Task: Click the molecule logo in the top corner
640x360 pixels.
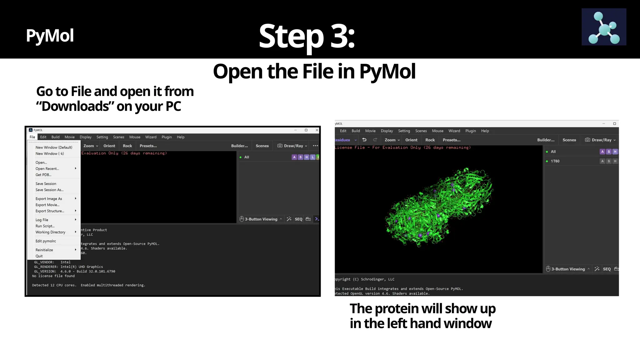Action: coord(603,27)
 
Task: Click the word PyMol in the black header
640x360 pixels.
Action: coord(50,35)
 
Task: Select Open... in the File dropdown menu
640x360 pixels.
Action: coord(41,162)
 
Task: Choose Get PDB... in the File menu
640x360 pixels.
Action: coord(43,175)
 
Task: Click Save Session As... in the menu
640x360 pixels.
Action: coord(49,190)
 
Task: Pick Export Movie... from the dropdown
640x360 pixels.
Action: coord(47,205)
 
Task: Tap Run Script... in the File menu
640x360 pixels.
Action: coord(45,226)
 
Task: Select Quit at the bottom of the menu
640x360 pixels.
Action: coord(39,256)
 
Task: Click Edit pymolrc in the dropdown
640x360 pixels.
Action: coord(46,241)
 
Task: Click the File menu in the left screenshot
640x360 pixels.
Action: coord(32,137)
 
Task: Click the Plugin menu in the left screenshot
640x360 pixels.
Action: coord(167,137)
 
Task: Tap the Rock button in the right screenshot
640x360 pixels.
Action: coord(430,140)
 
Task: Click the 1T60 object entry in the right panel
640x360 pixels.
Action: coord(555,161)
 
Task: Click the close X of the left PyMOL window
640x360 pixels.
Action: coord(317,130)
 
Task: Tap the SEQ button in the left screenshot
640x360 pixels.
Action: coord(298,219)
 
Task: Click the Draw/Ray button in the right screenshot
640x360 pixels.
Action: coord(600,140)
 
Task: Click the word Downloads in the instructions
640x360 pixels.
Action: coord(75,106)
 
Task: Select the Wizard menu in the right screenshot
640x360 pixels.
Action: coord(454,131)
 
